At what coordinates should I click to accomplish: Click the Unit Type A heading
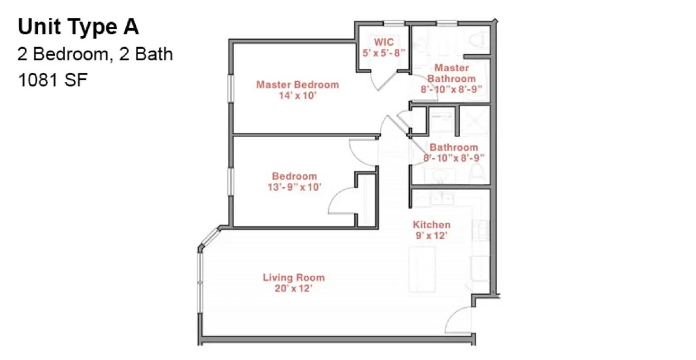(x=78, y=27)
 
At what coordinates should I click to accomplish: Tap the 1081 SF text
(x=53, y=80)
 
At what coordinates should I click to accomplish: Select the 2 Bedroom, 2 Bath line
(x=95, y=54)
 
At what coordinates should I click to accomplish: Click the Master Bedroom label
(x=297, y=85)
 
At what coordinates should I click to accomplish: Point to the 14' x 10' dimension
(x=298, y=96)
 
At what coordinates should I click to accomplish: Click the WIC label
(x=384, y=42)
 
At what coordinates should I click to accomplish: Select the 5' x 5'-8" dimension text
(x=384, y=53)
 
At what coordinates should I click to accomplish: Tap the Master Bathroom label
(x=452, y=73)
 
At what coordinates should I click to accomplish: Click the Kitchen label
(x=432, y=225)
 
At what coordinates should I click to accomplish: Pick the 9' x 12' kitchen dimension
(x=431, y=236)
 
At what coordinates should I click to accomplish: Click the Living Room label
(x=294, y=277)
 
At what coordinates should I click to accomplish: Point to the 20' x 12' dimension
(x=294, y=288)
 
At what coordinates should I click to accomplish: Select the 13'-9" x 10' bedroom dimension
(x=294, y=187)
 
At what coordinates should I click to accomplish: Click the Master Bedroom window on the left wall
(x=231, y=89)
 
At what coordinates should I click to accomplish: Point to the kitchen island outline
(x=422, y=270)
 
